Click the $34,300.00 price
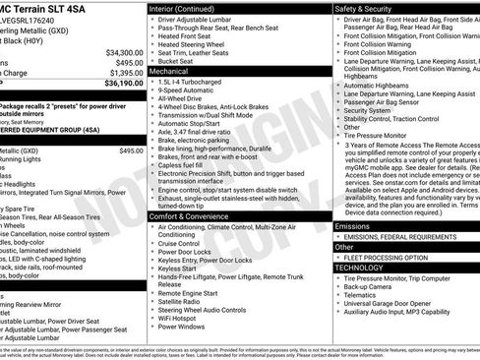coord(124,52)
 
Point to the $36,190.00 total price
coord(124,84)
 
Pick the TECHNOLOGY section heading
coord(359,268)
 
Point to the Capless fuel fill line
coord(186,166)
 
